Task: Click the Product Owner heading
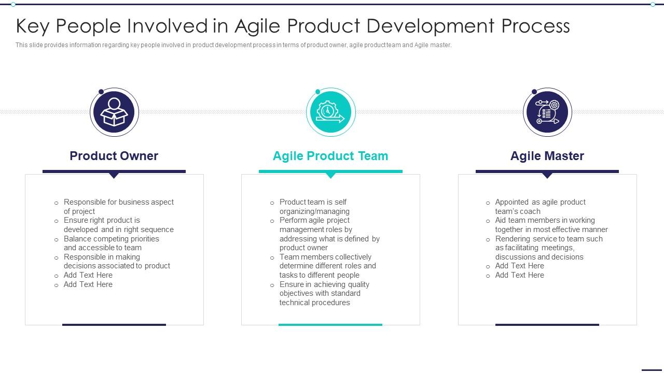pyautogui.click(x=114, y=156)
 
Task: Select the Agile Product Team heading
pyautogui.click(x=330, y=156)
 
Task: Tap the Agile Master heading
pyautogui.click(x=547, y=156)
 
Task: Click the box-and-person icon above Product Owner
pyautogui.click(x=114, y=112)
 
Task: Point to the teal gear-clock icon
pyautogui.click(x=330, y=112)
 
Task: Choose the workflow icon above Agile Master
pyautogui.click(x=547, y=112)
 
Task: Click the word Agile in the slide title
pyautogui.click(x=257, y=26)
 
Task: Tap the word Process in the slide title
pyautogui.click(x=536, y=26)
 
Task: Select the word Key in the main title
pyautogui.click(x=33, y=26)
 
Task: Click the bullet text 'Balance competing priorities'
pyautogui.click(x=112, y=239)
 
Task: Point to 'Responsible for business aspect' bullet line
pyautogui.click(x=119, y=202)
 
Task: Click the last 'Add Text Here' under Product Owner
pyautogui.click(x=88, y=284)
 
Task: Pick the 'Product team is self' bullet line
pyautogui.click(x=313, y=202)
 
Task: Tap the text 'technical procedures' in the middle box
pyautogui.click(x=315, y=303)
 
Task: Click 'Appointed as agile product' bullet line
pyautogui.click(x=541, y=202)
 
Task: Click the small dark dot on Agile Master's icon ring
pyautogui.click(x=534, y=92)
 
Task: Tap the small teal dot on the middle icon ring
pyautogui.click(x=318, y=92)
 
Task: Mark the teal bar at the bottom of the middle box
pyautogui.click(x=330, y=325)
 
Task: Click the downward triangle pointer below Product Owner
pyautogui.click(x=114, y=176)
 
